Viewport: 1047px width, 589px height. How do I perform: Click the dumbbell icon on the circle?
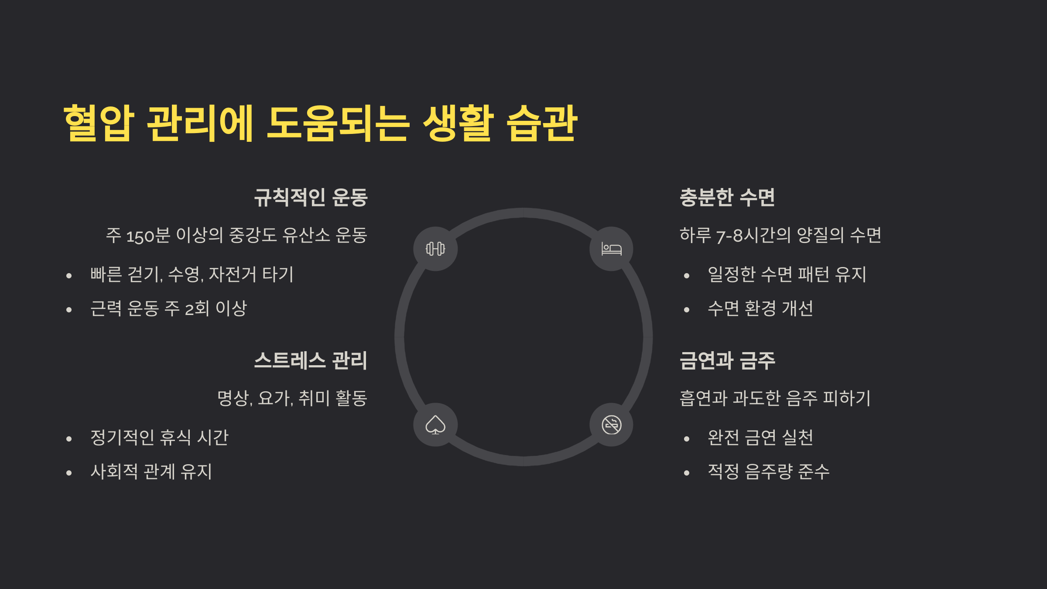point(435,249)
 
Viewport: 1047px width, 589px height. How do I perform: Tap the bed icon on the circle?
point(611,249)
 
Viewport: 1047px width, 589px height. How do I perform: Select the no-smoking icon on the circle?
point(611,425)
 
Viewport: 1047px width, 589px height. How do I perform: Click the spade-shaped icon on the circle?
point(435,425)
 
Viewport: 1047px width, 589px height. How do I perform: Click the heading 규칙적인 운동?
point(311,197)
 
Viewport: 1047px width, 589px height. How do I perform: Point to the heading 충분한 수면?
point(727,197)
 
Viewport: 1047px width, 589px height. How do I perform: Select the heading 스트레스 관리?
point(311,360)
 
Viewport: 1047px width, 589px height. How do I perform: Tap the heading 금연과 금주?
point(727,360)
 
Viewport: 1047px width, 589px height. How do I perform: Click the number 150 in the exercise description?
point(140,236)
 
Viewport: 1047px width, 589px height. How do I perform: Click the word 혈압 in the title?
point(99,123)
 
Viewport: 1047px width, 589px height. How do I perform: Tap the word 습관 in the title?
point(542,123)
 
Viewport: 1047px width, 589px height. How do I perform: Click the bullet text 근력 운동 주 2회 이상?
point(168,308)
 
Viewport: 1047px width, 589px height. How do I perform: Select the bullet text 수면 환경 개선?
point(760,308)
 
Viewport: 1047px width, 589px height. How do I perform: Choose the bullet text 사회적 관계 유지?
point(151,472)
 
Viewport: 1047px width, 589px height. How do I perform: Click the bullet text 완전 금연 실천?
point(760,437)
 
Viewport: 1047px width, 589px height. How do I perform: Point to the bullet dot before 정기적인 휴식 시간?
point(69,439)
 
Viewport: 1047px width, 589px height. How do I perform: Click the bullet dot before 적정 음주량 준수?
point(687,473)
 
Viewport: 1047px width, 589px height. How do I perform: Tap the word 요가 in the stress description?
point(274,398)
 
